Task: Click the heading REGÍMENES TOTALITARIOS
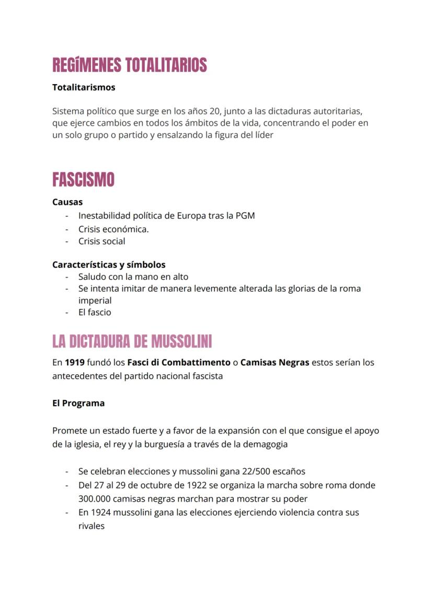click(129, 65)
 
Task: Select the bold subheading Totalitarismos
click(84, 87)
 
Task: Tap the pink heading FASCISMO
click(83, 180)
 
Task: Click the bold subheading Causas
click(67, 202)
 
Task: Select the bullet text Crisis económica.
click(113, 229)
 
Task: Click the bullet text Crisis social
click(101, 241)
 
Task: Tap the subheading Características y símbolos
click(109, 264)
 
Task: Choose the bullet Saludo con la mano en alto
click(133, 276)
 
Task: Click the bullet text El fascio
click(95, 312)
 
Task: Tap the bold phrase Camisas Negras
click(275, 362)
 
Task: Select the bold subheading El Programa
click(78, 403)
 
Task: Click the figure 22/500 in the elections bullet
click(253, 471)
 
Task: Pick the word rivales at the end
click(92, 526)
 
